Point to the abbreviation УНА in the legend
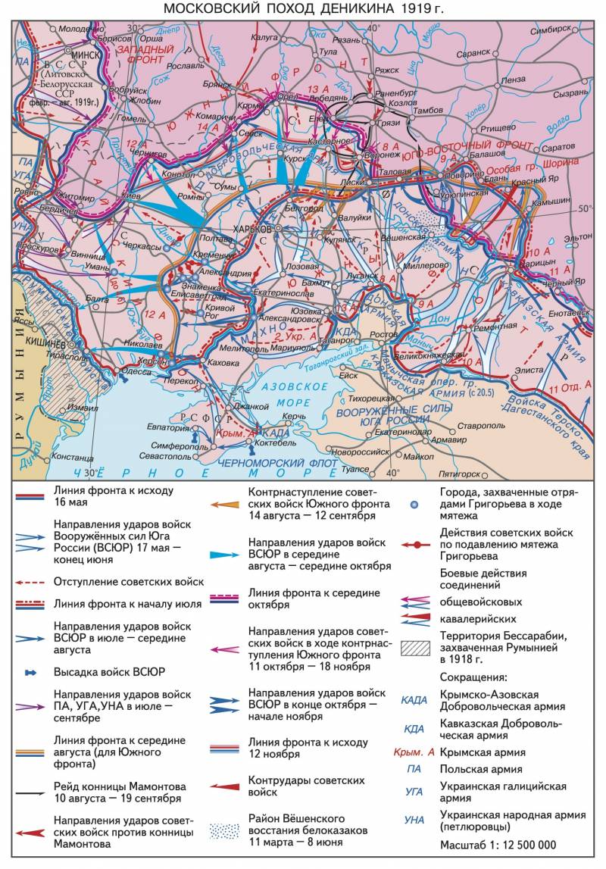(415, 820)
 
